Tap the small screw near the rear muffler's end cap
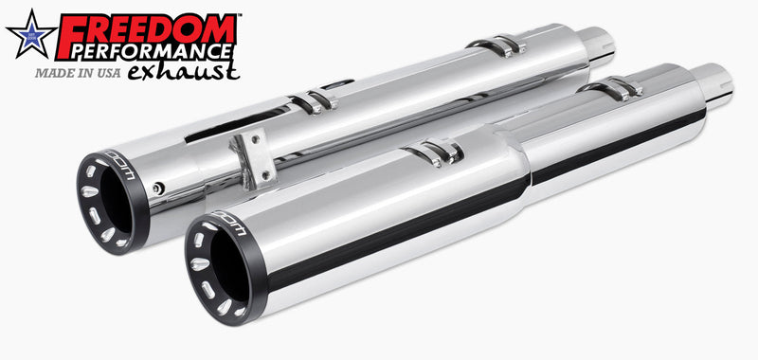(160, 187)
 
